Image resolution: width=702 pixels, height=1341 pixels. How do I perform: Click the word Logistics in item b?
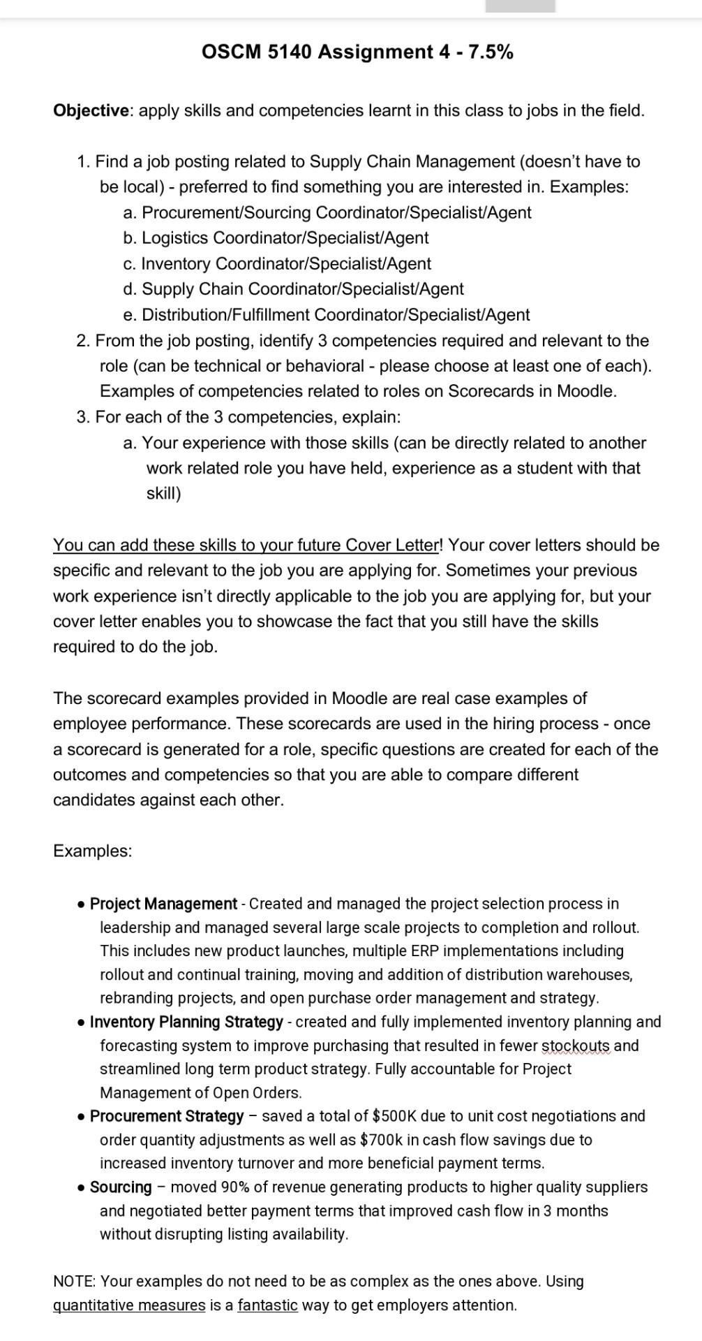(x=175, y=238)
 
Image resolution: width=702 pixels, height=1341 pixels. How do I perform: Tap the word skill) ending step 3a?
(x=163, y=494)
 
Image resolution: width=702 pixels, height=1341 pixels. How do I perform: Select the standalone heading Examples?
(x=92, y=851)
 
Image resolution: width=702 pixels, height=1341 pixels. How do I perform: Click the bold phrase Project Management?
(x=163, y=904)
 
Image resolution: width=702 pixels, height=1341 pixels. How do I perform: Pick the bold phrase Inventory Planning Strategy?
(x=186, y=1022)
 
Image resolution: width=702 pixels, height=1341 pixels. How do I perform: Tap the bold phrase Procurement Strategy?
(x=167, y=1116)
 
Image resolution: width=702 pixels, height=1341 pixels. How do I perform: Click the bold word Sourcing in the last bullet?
(x=121, y=1187)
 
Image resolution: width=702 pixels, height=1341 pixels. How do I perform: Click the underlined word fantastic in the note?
(x=267, y=1305)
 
